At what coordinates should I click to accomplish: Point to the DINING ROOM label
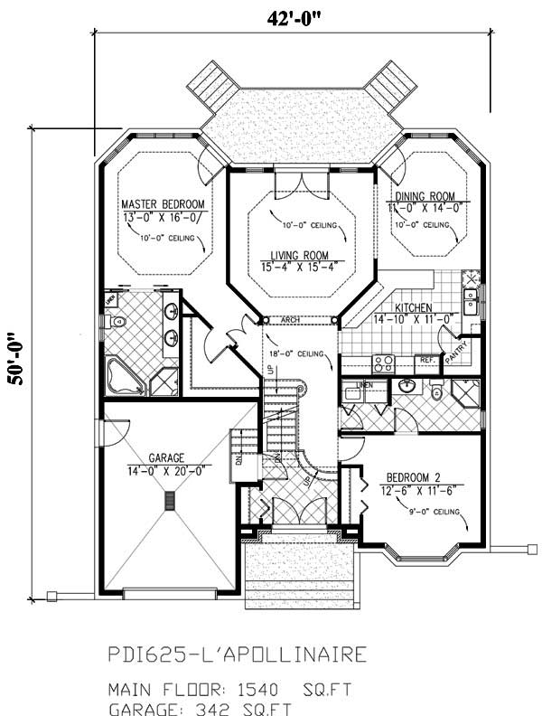point(424,196)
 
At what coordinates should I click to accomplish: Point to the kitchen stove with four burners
point(384,362)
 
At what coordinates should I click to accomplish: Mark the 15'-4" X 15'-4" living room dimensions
point(298,266)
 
